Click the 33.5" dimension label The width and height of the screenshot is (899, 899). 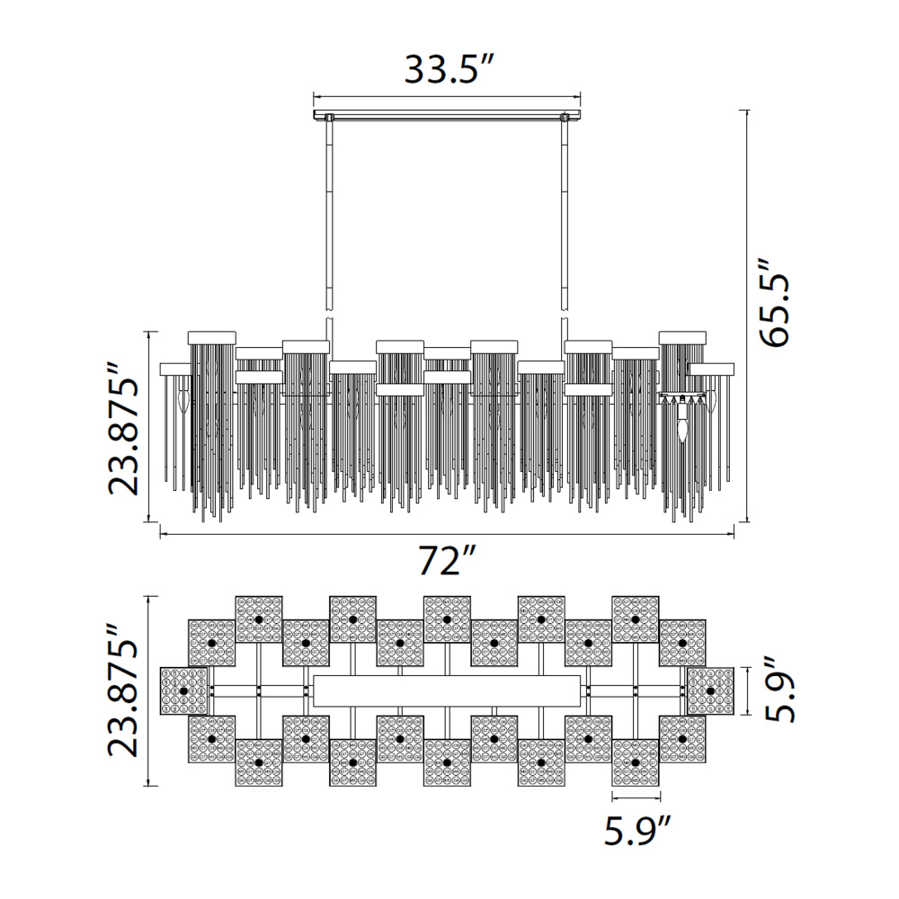coord(449,69)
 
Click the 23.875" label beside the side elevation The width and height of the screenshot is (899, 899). coord(124,428)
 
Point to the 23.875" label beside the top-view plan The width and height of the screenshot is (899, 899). coord(124,690)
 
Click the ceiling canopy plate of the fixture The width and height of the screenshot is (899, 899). coord(447,115)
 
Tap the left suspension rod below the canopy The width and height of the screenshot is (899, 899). coord(330,218)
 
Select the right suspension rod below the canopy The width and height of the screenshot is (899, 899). coord(565,218)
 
